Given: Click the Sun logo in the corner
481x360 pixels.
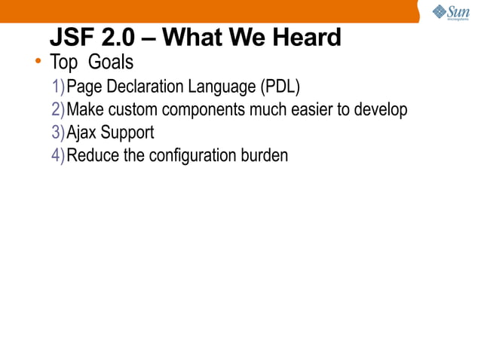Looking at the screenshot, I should [x=451, y=13].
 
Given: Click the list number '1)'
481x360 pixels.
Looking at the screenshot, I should [x=58, y=86].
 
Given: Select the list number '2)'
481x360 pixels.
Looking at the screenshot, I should [x=58, y=109].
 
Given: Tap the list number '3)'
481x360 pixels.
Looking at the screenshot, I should [x=58, y=133].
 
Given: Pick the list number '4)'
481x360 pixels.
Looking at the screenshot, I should [x=58, y=156].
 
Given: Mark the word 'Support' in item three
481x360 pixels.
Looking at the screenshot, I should [x=127, y=133].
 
